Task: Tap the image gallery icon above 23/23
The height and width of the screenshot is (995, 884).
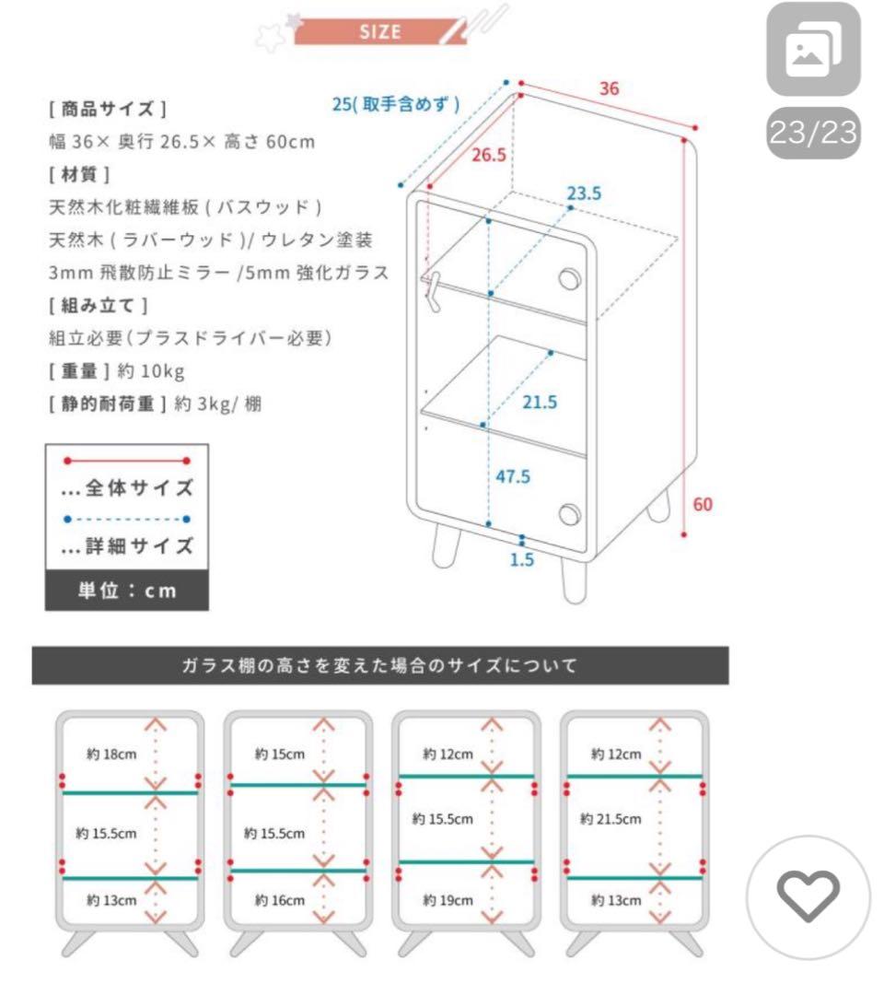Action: click(813, 52)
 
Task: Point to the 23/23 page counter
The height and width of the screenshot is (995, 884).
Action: click(812, 135)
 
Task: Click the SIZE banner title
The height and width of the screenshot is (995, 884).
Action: click(379, 31)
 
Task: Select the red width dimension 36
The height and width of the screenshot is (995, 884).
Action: click(609, 88)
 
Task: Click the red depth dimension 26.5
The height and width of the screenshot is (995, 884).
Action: click(489, 155)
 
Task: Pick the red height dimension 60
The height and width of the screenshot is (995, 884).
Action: click(703, 504)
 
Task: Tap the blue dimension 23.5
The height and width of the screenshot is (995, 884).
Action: click(584, 193)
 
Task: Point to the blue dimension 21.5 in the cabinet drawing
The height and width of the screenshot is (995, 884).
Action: click(540, 402)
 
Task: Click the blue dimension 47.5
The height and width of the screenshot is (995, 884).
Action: click(513, 477)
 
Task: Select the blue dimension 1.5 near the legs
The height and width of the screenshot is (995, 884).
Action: click(522, 559)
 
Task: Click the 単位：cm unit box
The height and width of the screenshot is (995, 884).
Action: click(126, 591)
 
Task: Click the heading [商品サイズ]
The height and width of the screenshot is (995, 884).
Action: click(107, 109)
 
